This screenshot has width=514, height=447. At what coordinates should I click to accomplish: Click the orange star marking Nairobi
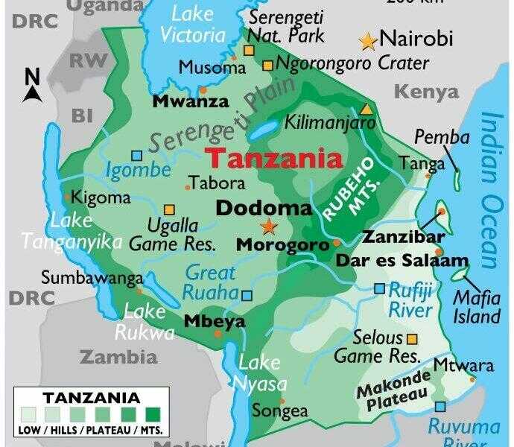pyautogui.click(x=368, y=41)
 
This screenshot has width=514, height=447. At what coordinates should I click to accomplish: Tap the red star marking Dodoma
pyautogui.click(x=268, y=226)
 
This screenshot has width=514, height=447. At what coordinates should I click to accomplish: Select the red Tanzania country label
pyautogui.click(x=274, y=159)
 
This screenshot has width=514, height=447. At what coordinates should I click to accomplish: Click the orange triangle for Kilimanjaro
pyautogui.click(x=365, y=108)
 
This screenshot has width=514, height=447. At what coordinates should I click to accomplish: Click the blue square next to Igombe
pyautogui.click(x=136, y=156)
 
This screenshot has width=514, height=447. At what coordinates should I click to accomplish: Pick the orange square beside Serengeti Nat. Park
pyautogui.click(x=249, y=51)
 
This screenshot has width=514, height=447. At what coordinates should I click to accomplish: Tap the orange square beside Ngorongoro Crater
pyautogui.click(x=267, y=66)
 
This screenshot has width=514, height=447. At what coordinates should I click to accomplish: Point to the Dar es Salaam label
pyautogui.click(x=402, y=261)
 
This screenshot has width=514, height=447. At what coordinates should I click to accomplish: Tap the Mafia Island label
pyautogui.click(x=477, y=308)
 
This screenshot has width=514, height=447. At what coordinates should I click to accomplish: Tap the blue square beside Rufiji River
pyautogui.click(x=380, y=288)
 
